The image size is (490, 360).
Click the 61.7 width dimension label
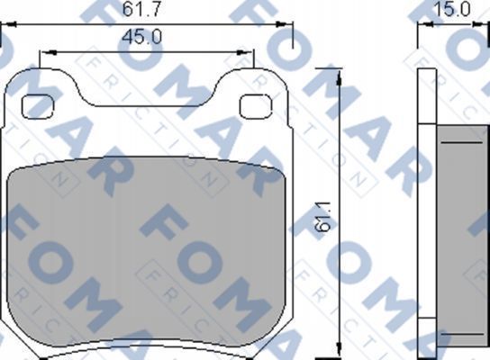pos(137,11)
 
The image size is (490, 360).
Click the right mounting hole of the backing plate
pos(256,105)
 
